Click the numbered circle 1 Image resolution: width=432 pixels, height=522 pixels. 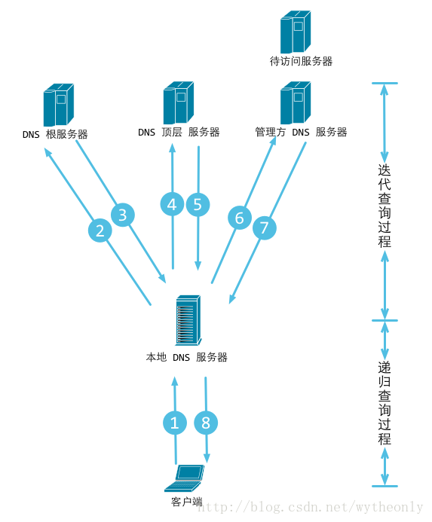tap(175, 423)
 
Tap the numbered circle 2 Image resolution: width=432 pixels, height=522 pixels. tap(100, 230)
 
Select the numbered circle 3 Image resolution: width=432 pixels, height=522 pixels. tap(123, 215)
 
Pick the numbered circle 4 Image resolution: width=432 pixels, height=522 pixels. tap(173, 204)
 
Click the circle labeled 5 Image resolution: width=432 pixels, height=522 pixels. tap(198, 204)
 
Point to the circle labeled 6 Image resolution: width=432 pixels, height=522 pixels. tap(240, 218)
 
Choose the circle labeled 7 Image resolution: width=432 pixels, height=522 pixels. tap(264, 229)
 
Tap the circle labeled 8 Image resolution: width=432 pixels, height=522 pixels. tap(207, 423)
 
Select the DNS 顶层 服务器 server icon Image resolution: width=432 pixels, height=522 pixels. tap(178, 102)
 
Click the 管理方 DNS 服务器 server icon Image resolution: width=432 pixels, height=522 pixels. tap(296, 102)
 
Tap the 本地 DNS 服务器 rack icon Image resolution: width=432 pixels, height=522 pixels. tap(187, 322)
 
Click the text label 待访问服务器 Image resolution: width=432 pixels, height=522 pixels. tap(301, 61)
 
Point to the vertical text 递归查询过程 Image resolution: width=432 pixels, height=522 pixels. tap(385, 403)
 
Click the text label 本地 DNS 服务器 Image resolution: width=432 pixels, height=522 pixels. tap(186, 357)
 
